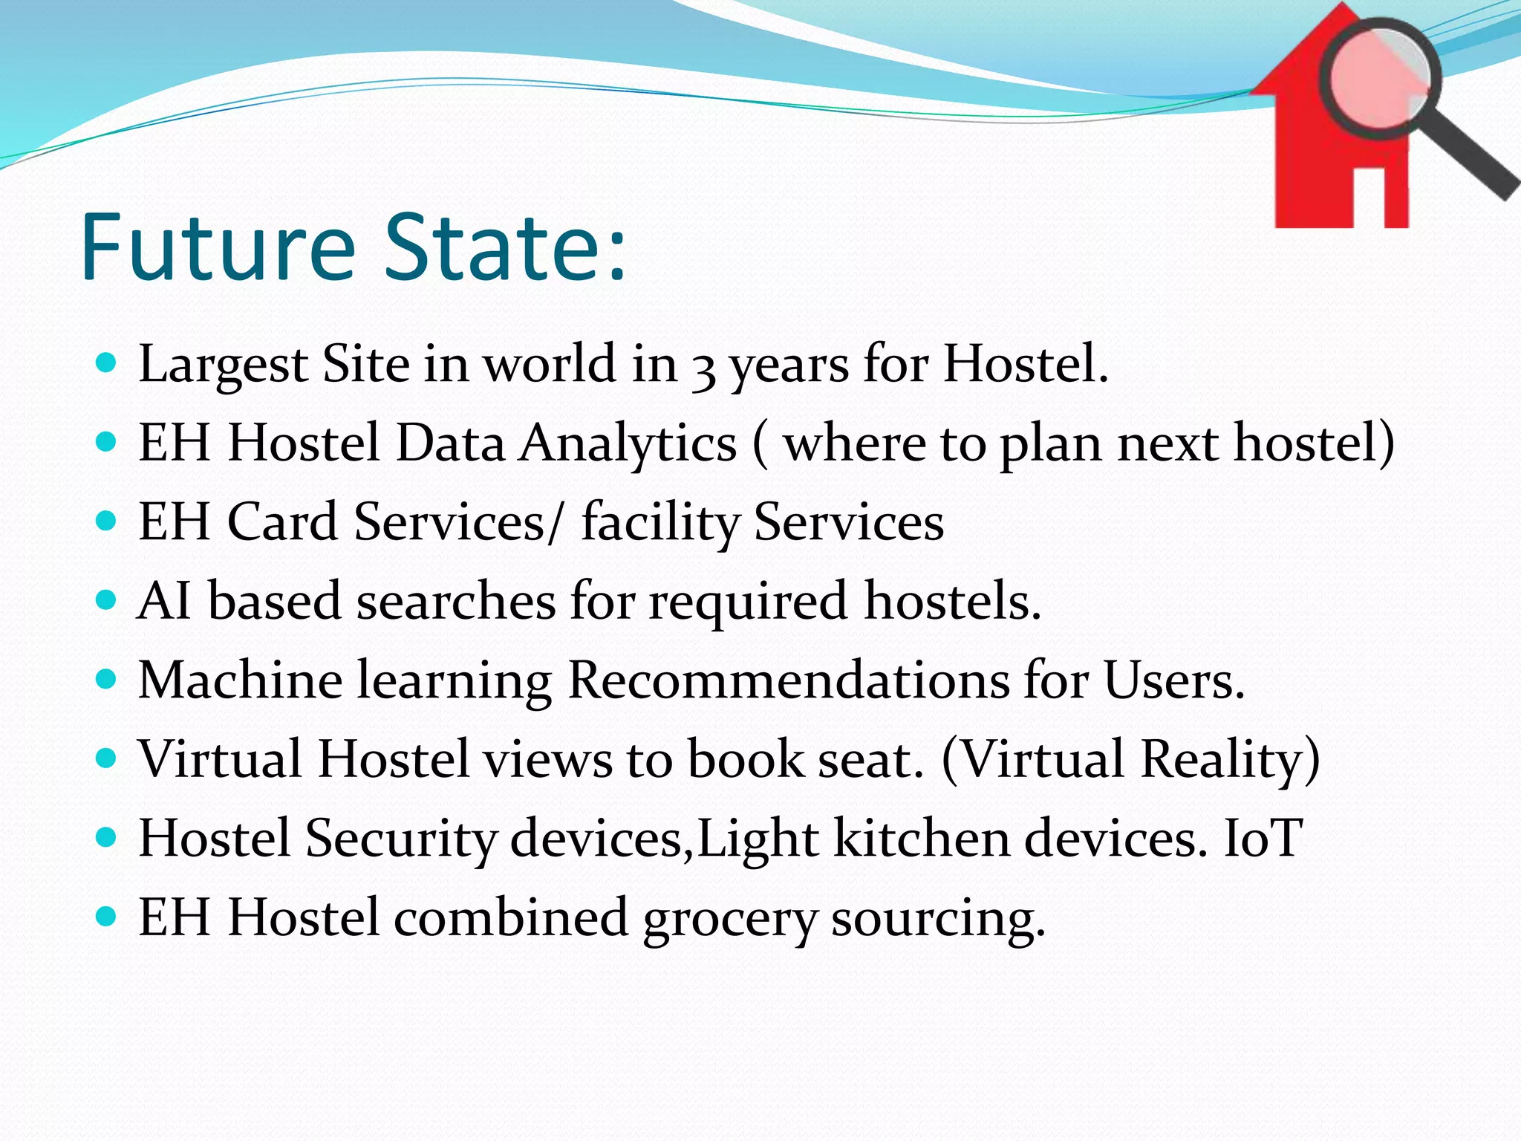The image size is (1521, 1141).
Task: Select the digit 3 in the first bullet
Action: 703,369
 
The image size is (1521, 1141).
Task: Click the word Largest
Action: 223,365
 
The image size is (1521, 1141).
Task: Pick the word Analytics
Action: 628,444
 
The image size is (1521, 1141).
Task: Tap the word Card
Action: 282,521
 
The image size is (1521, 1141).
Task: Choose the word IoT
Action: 1263,838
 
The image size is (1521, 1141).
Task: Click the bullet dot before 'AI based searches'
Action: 107,599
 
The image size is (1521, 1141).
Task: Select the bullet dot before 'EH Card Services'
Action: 107,520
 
